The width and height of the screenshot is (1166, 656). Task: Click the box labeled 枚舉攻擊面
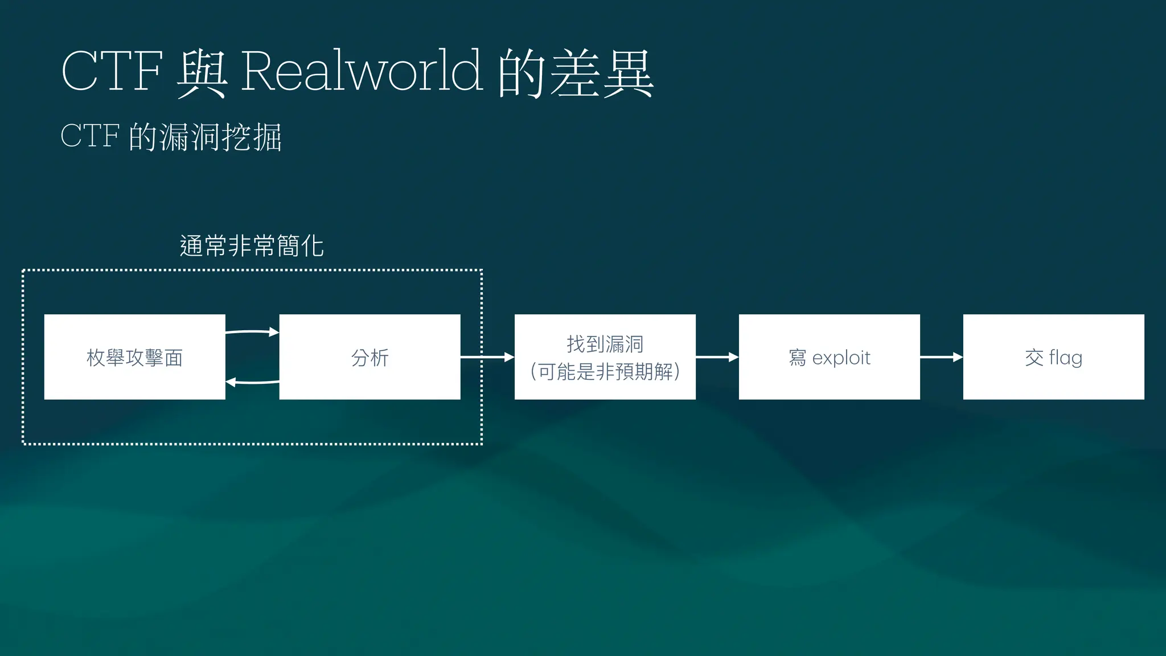click(134, 357)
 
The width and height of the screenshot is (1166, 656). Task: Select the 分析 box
click(369, 357)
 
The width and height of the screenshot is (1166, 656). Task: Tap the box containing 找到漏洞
click(605, 357)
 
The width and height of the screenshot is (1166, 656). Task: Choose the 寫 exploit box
click(829, 357)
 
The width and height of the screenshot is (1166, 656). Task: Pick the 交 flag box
click(1053, 357)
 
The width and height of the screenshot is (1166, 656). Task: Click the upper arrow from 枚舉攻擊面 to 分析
click(252, 331)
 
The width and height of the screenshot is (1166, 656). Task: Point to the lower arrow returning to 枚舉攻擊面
click(252, 382)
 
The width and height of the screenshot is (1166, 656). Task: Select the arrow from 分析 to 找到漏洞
click(487, 357)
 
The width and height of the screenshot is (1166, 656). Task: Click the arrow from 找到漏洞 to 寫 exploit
click(717, 357)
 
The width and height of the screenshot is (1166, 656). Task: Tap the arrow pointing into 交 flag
click(941, 357)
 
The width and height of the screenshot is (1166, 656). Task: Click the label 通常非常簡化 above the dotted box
click(252, 246)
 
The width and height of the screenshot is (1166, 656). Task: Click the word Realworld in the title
click(362, 71)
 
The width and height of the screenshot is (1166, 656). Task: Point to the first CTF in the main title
click(112, 71)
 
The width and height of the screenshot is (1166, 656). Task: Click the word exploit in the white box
click(841, 358)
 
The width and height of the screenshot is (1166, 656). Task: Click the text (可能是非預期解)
click(605, 372)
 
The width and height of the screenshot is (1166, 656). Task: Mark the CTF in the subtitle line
click(89, 136)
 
